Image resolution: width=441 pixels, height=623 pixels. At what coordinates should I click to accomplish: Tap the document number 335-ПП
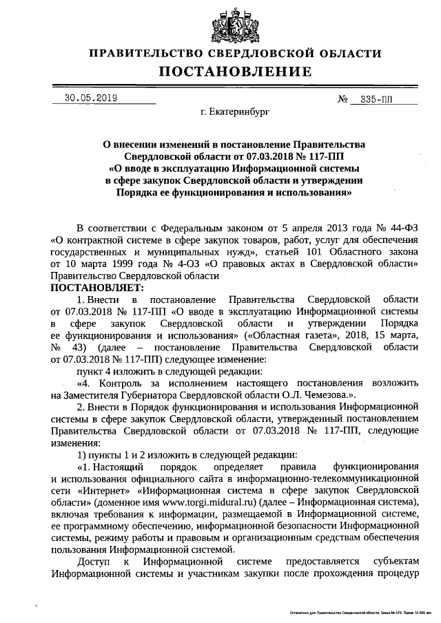376,99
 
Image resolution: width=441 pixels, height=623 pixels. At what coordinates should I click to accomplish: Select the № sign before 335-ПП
342,99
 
